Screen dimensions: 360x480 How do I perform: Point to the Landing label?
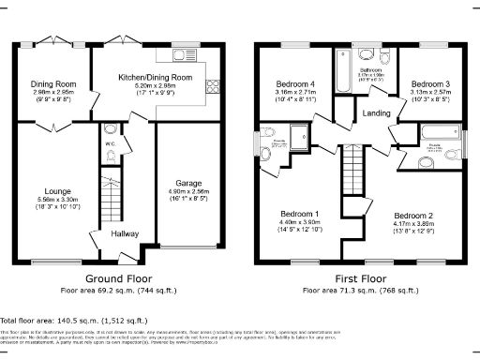377,113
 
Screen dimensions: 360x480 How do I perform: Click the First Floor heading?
359,279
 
